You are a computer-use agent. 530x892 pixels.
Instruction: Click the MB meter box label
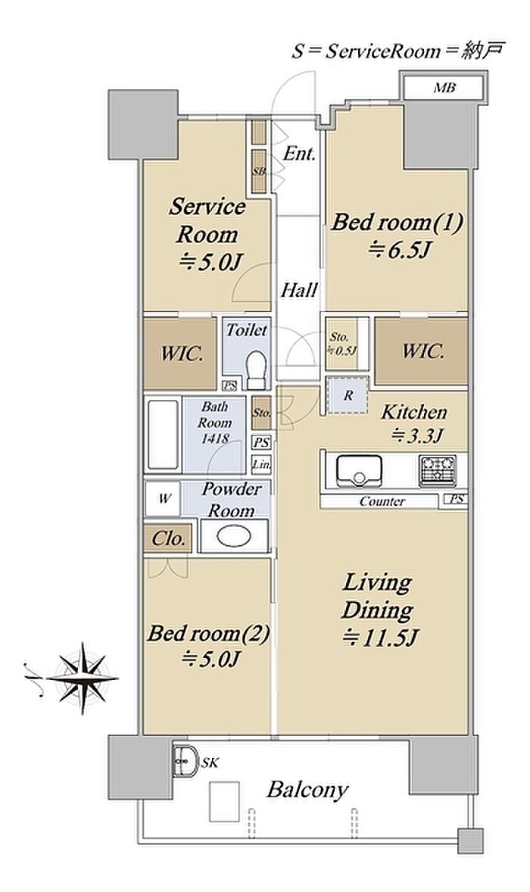coord(444,88)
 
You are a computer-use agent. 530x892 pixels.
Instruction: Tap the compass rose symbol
coord(83,678)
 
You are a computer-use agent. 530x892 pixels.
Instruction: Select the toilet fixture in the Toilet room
coord(257,368)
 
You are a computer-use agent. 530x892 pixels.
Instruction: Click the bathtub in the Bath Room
coord(163,435)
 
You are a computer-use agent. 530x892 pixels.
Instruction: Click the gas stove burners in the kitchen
coord(438,471)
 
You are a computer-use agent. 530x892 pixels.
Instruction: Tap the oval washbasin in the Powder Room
coord(234,535)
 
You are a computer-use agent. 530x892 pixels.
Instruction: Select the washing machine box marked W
coord(164,499)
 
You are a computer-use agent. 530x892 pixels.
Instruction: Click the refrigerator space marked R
coord(348,396)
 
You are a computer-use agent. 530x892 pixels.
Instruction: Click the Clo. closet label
coord(168,538)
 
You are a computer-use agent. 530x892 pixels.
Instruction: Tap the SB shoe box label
coord(259,170)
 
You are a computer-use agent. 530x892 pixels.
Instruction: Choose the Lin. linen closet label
coord(261,464)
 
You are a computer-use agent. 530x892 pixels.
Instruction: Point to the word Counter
coord(382,502)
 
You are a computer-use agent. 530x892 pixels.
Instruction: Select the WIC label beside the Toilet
coord(182,354)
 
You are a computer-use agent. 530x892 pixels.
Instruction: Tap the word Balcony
coord(307,791)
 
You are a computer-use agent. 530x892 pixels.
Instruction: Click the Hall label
coord(299,291)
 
